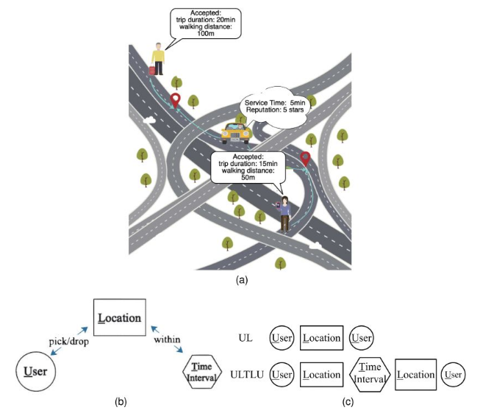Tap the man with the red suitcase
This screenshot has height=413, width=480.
click(x=156, y=60)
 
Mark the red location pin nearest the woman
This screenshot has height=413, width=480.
click(x=304, y=158)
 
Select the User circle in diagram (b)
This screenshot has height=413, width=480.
click(x=33, y=372)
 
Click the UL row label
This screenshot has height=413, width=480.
click(x=247, y=338)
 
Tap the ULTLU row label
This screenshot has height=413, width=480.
click(x=247, y=374)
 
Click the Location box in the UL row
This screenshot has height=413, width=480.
click(x=322, y=338)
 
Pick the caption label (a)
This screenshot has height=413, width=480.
click(x=240, y=279)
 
